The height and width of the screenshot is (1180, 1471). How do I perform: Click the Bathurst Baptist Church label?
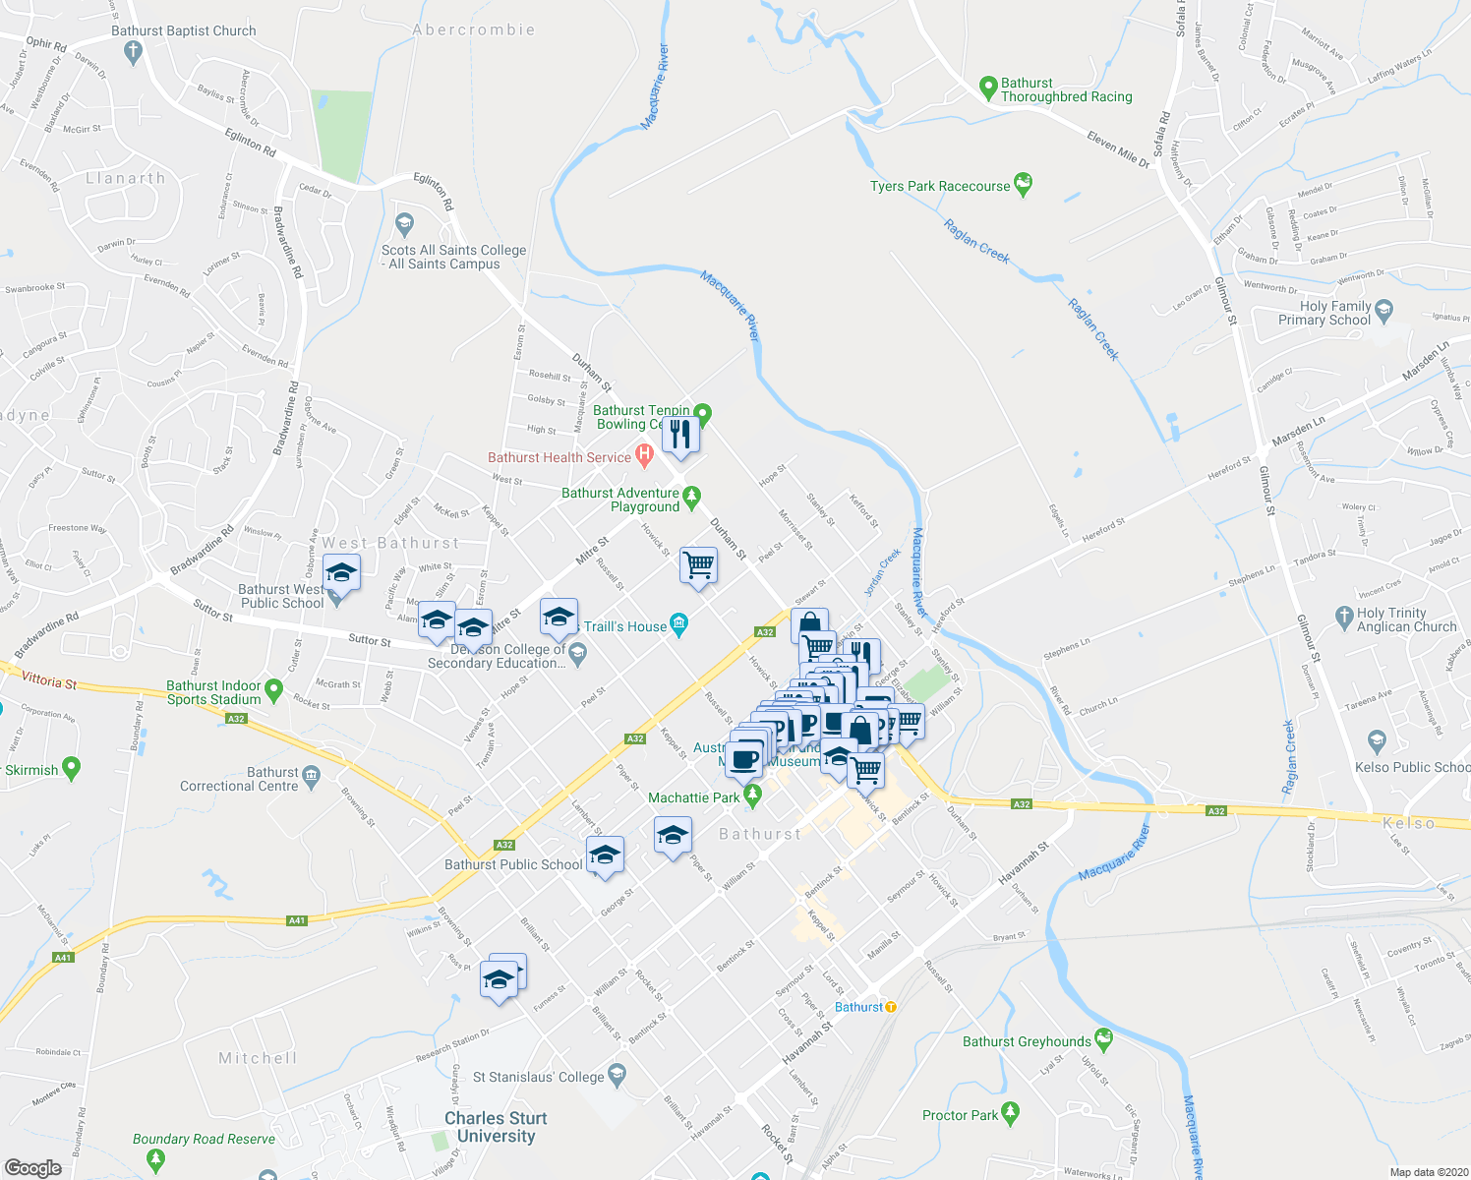coord(183,31)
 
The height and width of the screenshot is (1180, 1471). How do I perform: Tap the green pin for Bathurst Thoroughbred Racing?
coord(989,88)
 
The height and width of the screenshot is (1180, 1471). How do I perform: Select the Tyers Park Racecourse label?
coord(940,186)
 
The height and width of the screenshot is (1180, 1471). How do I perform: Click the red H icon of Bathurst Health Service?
coord(644,455)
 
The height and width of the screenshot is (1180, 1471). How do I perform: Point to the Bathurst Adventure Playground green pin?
coord(691,496)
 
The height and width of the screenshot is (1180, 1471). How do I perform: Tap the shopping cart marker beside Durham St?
coord(698,565)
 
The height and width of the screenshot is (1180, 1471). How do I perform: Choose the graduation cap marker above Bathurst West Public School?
coord(341,572)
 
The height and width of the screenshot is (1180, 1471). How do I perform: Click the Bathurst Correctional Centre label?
coord(239,780)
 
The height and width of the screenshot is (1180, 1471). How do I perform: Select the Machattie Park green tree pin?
coord(752,796)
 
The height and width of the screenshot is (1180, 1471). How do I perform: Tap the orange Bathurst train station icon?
coord(891,1007)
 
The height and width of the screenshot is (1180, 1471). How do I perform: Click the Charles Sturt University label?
coord(496,1127)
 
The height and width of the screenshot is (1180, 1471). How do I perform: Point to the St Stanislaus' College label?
coord(538,1077)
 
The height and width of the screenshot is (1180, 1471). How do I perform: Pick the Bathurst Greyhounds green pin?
coord(1103,1039)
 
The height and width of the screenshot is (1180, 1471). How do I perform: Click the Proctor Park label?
coord(960,1115)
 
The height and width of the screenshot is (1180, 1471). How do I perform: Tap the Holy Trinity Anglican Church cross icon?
coord(1344,617)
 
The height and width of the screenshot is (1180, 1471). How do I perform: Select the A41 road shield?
coord(297,921)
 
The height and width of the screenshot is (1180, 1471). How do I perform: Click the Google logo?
coord(32,1168)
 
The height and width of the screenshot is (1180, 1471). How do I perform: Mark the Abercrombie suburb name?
coord(474,30)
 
